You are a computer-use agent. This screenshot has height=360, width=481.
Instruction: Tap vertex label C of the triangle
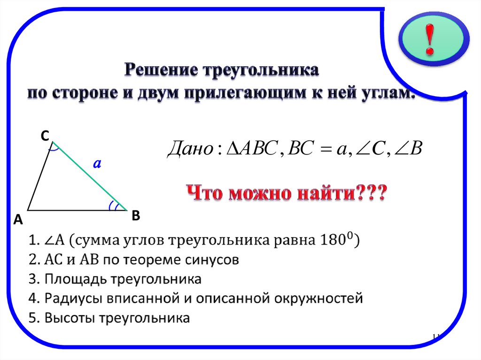[44, 136]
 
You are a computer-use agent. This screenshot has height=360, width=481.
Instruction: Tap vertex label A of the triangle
[18, 219]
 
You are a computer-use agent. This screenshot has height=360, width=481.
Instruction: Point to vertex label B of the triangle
[136, 216]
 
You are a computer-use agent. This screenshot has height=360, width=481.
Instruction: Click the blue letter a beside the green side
[97, 164]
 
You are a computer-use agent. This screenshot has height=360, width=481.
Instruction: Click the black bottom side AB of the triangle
[75, 209]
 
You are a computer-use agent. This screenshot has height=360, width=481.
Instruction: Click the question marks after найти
[372, 193]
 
